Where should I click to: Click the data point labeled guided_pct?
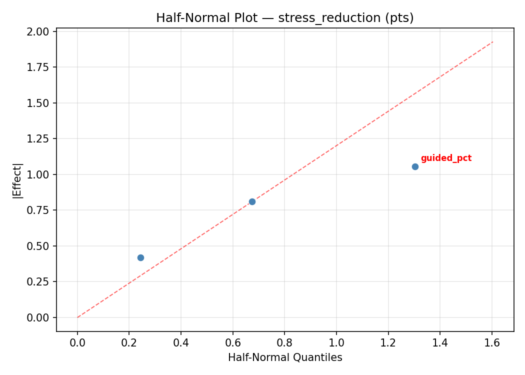click(x=415, y=166)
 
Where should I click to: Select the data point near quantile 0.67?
click(x=252, y=201)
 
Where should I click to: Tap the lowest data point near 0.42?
click(x=140, y=257)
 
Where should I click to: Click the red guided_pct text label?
click(x=446, y=158)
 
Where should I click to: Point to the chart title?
click(x=285, y=18)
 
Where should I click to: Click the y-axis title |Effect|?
click(x=18, y=180)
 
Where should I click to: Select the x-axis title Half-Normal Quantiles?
click(x=285, y=357)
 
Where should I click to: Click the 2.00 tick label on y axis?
click(x=39, y=31)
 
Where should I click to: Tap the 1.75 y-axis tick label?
click(x=39, y=67)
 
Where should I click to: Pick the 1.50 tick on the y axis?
click(x=39, y=103)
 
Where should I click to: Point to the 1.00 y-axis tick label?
click(x=39, y=174)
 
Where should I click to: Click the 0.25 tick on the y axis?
click(x=39, y=281)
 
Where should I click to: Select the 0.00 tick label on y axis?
click(x=39, y=317)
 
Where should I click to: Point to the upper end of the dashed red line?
click(x=492, y=42)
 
